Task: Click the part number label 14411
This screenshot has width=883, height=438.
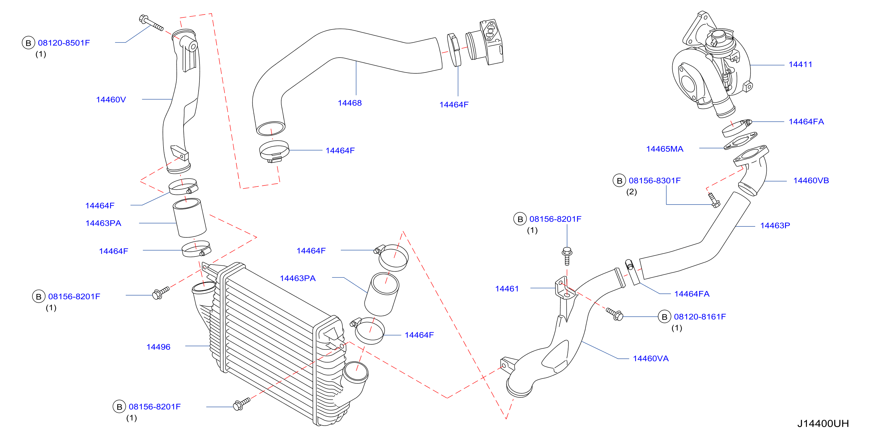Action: tap(800, 64)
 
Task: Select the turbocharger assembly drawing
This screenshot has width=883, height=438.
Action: tap(712, 65)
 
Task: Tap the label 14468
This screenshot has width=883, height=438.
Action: tap(350, 103)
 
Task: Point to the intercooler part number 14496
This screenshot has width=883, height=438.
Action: tap(158, 347)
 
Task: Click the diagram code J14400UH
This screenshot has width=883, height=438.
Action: tap(823, 424)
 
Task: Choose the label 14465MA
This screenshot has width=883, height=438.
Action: tap(665, 149)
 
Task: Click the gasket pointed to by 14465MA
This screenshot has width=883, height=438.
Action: tap(740, 141)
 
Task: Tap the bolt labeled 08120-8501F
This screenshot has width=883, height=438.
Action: tap(151, 23)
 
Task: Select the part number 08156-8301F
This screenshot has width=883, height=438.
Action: tap(655, 181)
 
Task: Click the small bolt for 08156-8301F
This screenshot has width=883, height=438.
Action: tap(714, 200)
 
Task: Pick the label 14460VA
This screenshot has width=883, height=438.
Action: tap(651, 359)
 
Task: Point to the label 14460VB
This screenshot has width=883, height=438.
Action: tap(811, 181)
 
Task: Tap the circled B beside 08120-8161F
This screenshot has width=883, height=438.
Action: tap(664, 317)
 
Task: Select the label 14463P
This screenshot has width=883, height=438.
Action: tap(775, 225)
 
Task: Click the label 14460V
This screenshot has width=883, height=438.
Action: tap(111, 100)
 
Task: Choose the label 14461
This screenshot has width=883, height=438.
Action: tap(507, 289)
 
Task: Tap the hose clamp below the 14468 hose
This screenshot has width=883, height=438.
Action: tap(274, 151)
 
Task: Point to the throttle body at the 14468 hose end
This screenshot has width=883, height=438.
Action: tap(484, 43)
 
